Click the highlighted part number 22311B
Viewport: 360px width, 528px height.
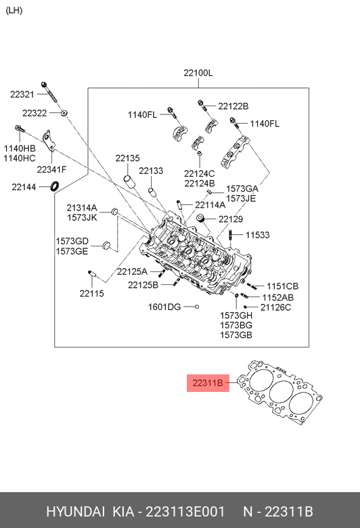point(208,383)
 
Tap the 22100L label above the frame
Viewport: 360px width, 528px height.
point(198,72)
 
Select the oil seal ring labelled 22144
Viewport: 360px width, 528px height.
point(55,186)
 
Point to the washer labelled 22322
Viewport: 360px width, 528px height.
point(64,113)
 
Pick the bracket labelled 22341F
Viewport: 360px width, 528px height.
point(49,141)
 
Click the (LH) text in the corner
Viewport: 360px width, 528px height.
point(14,10)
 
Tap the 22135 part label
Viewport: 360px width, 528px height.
point(127,158)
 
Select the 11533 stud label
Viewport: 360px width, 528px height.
point(258,235)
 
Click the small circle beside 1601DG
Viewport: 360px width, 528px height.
point(197,307)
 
